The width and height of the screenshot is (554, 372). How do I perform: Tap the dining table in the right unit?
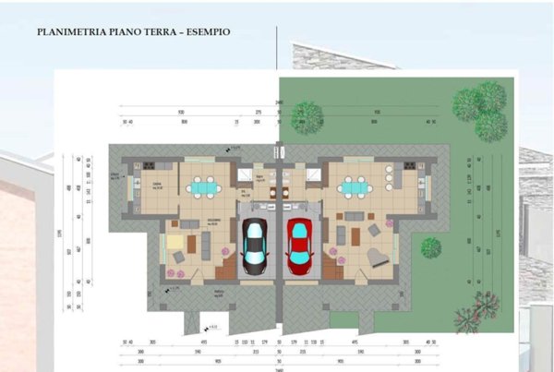[352, 187]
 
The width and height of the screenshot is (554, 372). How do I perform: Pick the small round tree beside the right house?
[430, 247]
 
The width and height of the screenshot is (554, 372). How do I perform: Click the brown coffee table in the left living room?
[191, 244]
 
